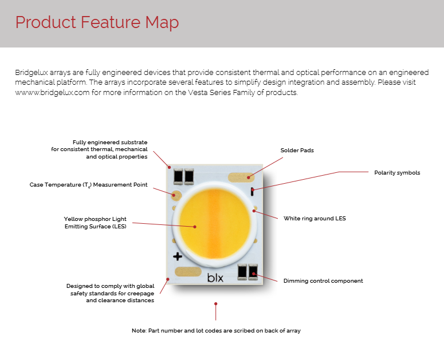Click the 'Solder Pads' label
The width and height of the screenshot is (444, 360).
coord(297,151)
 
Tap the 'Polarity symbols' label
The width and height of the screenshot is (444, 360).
coord(397,172)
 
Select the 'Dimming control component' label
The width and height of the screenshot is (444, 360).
coord(323,280)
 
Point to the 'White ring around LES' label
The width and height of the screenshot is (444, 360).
coord(315,218)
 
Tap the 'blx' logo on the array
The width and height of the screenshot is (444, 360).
coord(215,279)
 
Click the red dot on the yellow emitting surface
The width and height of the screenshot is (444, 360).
coord(195,227)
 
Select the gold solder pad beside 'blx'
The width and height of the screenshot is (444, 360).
coord(187,272)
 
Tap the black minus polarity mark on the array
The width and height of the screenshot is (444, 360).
coord(252,191)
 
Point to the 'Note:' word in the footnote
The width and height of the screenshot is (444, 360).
coord(139,331)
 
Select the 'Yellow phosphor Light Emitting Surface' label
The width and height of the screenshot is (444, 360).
coord(95,223)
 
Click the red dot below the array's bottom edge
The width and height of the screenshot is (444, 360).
coord(215,303)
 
